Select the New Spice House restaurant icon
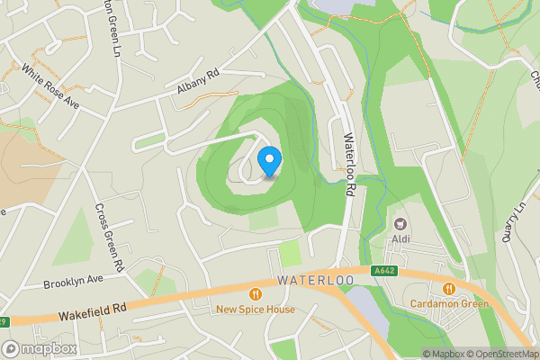click(256, 293)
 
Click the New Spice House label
click(256, 310)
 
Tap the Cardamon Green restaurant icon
click(448, 288)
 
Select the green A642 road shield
click(384, 270)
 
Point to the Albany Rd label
click(198, 85)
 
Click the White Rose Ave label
click(50, 86)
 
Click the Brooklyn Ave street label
click(74, 282)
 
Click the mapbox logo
click(40, 348)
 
